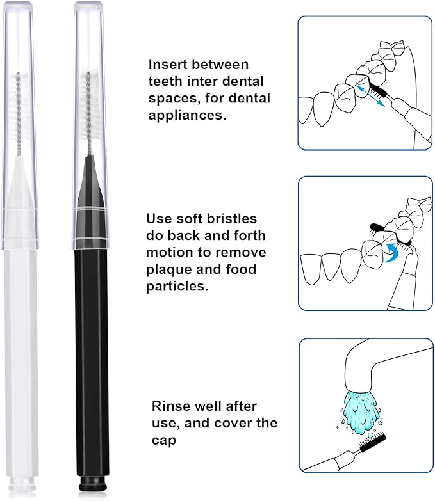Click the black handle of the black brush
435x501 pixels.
coord(91,358)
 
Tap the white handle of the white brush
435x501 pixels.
coord(21,358)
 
